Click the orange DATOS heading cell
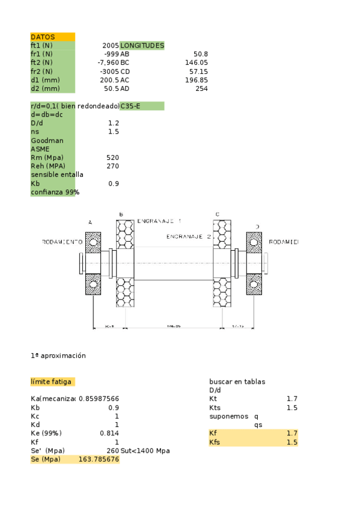click(52, 37)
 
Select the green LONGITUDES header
click(142, 45)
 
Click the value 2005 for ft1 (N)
click(111, 45)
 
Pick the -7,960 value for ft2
click(109, 62)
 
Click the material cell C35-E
click(142, 106)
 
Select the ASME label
click(40, 149)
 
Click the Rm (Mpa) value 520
click(112, 158)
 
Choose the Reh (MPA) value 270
click(112, 166)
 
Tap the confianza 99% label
click(55, 192)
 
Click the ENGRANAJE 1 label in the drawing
click(159, 221)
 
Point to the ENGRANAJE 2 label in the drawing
click(189, 236)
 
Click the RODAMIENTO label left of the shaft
click(62, 242)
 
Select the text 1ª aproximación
click(58, 355)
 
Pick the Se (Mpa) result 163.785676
click(99, 459)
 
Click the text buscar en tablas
click(237, 382)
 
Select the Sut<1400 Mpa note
click(146, 450)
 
